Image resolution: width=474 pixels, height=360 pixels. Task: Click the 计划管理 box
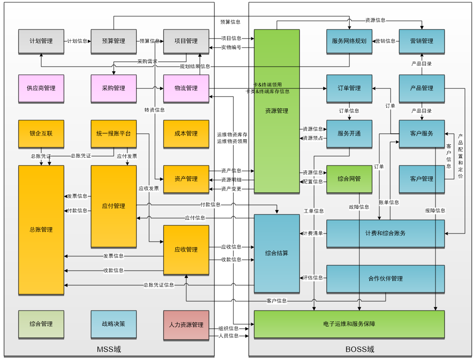click(x=41, y=41)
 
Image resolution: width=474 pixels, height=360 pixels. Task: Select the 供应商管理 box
click(x=41, y=88)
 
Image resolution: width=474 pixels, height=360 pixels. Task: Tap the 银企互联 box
click(x=41, y=134)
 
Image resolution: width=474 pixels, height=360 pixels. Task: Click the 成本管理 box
click(x=186, y=134)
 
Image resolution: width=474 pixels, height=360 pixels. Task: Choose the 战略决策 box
click(x=114, y=324)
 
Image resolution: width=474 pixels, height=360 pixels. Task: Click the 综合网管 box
click(x=349, y=179)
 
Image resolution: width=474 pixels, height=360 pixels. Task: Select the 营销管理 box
click(x=422, y=41)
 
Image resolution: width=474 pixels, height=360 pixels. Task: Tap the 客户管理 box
click(x=422, y=179)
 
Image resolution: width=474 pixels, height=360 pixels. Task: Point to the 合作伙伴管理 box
click(x=386, y=279)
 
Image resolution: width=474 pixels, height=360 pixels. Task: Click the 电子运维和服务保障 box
click(x=349, y=324)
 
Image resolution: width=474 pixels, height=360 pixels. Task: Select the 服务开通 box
click(x=349, y=134)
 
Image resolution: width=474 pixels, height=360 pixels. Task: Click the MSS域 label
click(x=109, y=350)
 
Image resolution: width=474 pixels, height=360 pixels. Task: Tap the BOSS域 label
click(x=360, y=350)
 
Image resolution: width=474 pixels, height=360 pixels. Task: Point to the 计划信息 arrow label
click(x=77, y=41)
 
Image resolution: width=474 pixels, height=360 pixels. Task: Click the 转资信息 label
click(x=155, y=110)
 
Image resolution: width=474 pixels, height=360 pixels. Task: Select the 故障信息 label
click(x=359, y=207)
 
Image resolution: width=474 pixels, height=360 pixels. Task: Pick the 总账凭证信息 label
click(x=159, y=285)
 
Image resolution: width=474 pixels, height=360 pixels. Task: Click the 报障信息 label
click(x=435, y=210)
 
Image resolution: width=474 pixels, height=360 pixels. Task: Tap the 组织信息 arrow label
click(x=228, y=329)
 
